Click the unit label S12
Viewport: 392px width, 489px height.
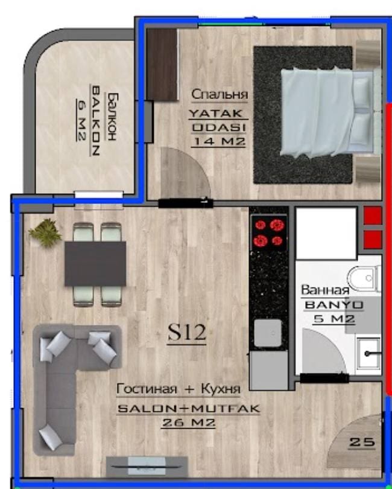(186, 333)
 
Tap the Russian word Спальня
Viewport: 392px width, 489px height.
(220, 94)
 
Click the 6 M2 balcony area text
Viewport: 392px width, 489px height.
(80, 120)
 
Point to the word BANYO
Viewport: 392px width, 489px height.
(334, 305)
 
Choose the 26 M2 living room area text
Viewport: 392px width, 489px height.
(189, 423)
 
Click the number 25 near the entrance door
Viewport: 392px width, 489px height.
(362, 441)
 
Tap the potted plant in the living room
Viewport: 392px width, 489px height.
(45, 232)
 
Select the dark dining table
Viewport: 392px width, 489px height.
(95, 264)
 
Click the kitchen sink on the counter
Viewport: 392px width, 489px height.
(268, 333)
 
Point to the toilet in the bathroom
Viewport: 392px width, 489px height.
(364, 278)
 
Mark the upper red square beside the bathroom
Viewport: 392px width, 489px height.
(373, 216)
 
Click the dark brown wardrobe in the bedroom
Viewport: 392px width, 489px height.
(162, 65)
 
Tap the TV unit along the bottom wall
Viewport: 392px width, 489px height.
(147, 467)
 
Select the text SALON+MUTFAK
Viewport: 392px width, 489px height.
(189, 408)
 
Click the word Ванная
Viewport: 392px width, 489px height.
(325, 290)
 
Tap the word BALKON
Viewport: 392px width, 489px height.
(95, 120)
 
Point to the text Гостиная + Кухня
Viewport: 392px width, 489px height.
(179, 389)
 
